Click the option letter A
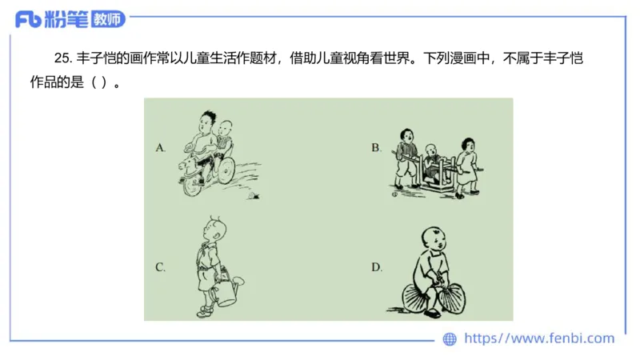161,148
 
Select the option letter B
376,148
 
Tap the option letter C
161,267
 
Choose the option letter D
377,267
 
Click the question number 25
63,58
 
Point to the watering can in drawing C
227,290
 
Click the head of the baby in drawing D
434,240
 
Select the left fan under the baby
416,298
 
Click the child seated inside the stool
432,163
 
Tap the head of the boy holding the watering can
215,230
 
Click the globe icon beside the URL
450,338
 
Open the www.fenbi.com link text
539,338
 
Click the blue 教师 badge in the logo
108,19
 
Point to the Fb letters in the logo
29,19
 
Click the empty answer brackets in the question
98,82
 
